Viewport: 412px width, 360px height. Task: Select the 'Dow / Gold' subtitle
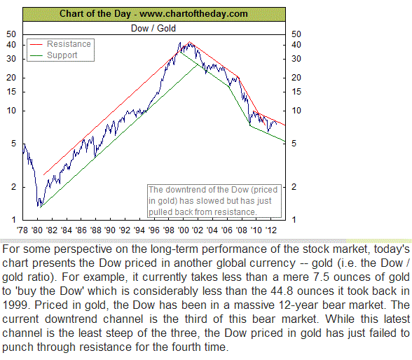coord(153,28)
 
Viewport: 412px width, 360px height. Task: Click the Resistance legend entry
coord(69,44)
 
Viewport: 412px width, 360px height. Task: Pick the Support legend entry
coord(62,55)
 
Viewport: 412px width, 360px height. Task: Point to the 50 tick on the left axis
coord(11,34)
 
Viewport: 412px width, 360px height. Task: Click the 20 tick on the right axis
coord(296,77)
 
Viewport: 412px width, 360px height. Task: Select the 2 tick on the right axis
coord(294,186)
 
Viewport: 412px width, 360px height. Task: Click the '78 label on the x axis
coord(23,229)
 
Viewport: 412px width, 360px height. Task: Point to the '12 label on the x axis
coord(272,229)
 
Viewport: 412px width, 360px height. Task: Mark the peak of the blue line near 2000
coord(181,43)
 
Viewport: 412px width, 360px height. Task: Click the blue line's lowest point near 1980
coord(39,206)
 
